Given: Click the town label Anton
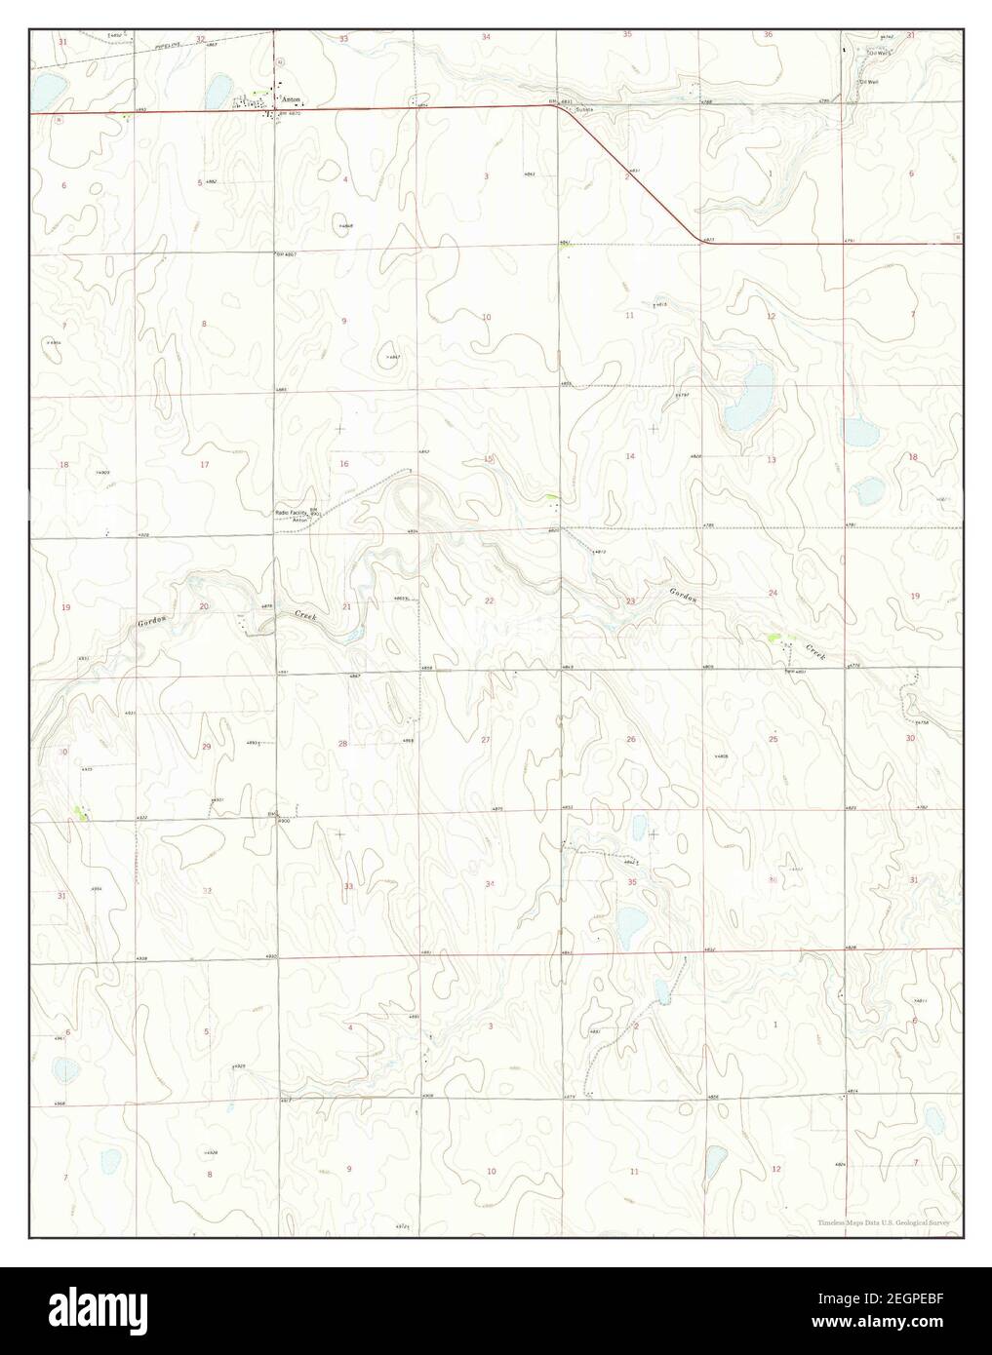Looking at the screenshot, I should (x=291, y=98).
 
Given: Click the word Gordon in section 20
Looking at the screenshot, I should (x=148, y=621).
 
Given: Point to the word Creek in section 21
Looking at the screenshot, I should (x=305, y=615).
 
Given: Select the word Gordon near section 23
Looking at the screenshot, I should (x=683, y=594).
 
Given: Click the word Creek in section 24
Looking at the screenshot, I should (x=814, y=651).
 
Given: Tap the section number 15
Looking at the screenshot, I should (x=489, y=458).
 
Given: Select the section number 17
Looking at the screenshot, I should (x=204, y=464).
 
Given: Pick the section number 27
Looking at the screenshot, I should (x=486, y=740).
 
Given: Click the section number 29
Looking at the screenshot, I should (x=206, y=746).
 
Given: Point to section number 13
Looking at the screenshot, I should (x=771, y=458).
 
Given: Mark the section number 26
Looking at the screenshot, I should (x=630, y=739).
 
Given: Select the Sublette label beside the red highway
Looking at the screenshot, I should (x=582, y=109).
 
